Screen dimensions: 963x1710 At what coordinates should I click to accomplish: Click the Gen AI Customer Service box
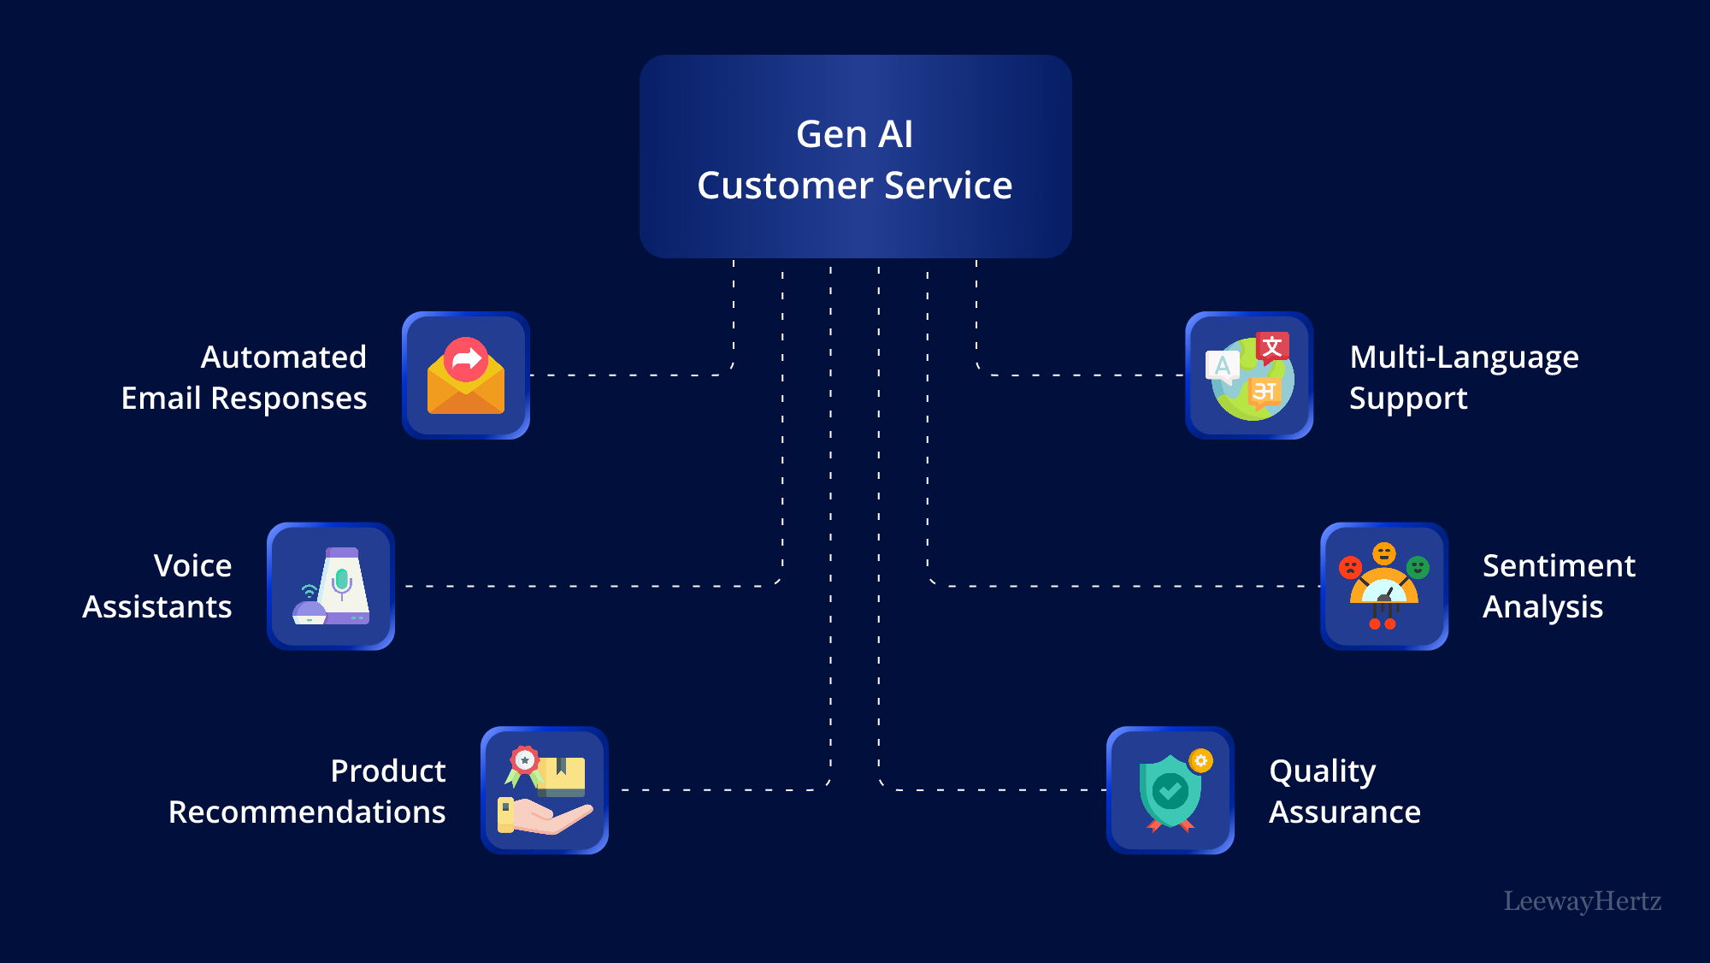click(x=855, y=157)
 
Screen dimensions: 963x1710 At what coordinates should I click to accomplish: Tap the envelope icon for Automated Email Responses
click(x=466, y=376)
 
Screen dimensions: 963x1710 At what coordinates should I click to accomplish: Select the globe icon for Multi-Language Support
click(x=1249, y=376)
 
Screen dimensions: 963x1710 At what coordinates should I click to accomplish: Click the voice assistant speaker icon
click(x=331, y=587)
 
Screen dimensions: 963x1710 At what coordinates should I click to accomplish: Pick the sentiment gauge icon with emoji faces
click(x=1384, y=587)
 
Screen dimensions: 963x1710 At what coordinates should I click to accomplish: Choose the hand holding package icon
click(x=545, y=791)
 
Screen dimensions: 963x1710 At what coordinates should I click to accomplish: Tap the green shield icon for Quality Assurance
click(x=1170, y=791)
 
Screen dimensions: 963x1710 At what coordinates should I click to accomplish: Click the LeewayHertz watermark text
click(x=1582, y=901)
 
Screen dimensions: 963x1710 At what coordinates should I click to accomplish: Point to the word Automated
click(x=283, y=357)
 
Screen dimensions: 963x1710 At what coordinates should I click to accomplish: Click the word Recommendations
click(x=306, y=812)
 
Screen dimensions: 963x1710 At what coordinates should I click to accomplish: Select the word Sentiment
click(x=1558, y=566)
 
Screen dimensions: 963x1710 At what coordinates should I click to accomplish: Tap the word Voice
click(x=192, y=566)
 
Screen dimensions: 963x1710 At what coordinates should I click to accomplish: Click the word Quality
click(x=1322, y=771)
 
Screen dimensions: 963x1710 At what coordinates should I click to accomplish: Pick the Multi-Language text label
click(x=1463, y=357)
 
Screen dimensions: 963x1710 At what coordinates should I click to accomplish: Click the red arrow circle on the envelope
click(x=466, y=359)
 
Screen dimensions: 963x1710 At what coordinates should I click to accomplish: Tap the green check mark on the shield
click(x=1170, y=791)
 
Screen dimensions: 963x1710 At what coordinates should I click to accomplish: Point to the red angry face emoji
click(x=1350, y=567)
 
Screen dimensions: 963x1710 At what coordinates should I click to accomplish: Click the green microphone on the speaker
click(x=342, y=580)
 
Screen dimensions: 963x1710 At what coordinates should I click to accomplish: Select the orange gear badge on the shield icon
click(x=1201, y=760)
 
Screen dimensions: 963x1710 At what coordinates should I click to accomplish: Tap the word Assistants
click(x=157, y=607)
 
